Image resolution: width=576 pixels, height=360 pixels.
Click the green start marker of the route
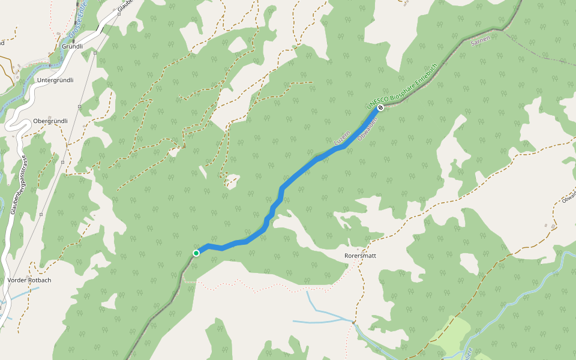[x=196, y=253]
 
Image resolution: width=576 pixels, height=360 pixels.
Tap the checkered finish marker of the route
[x=380, y=107]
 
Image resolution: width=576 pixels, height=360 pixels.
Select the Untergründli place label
[x=55, y=80]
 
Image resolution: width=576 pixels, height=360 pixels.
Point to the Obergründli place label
[x=50, y=121]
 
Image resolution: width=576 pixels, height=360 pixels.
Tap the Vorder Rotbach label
[x=30, y=280]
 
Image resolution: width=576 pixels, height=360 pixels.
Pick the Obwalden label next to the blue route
[x=367, y=130]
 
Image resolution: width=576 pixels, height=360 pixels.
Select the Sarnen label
[x=481, y=41]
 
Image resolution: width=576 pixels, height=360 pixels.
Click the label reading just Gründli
[x=72, y=46]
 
